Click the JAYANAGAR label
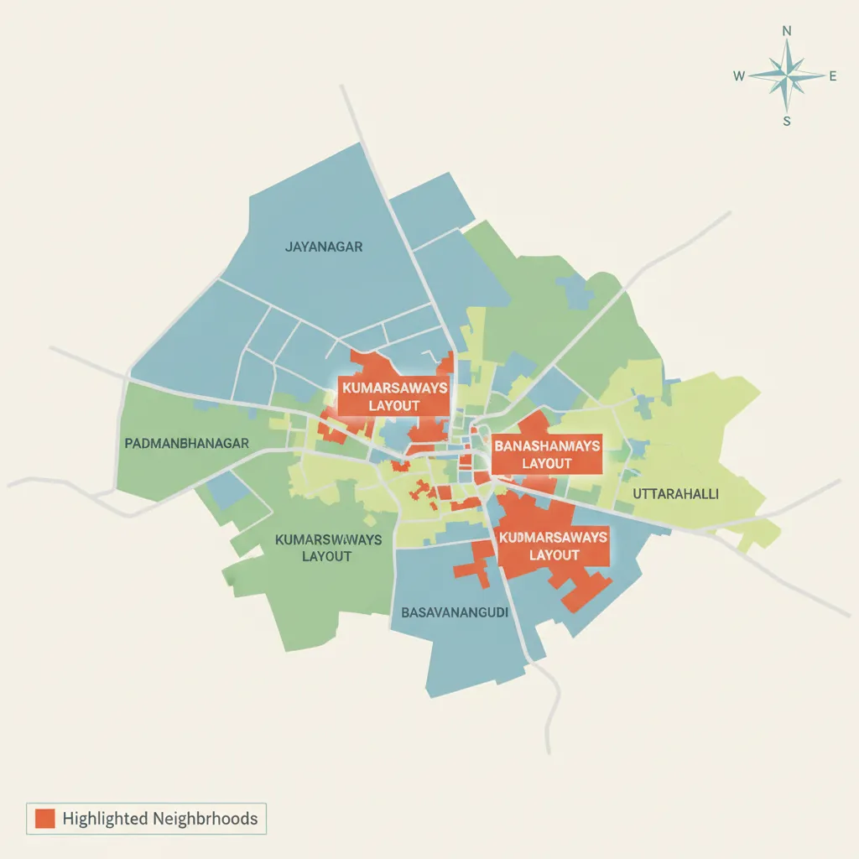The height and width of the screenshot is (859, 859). point(324,247)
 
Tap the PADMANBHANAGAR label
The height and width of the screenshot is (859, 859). point(186,443)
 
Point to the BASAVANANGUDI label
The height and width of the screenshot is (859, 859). point(456,612)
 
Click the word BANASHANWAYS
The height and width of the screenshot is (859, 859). point(547,446)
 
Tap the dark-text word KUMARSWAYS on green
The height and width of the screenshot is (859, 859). point(328,539)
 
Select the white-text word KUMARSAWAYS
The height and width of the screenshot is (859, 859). point(394,389)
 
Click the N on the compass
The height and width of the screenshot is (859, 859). point(787,31)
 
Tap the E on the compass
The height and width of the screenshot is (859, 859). point(833,76)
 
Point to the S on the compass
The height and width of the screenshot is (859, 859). point(787,121)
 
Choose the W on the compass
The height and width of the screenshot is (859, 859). point(739,76)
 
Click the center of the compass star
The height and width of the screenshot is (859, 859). point(787,76)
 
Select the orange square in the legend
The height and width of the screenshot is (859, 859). point(44,818)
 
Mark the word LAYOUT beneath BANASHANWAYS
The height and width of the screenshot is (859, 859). point(547,463)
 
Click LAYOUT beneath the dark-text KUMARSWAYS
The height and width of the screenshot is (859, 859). point(326,556)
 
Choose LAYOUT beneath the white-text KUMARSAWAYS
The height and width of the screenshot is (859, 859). point(394,406)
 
